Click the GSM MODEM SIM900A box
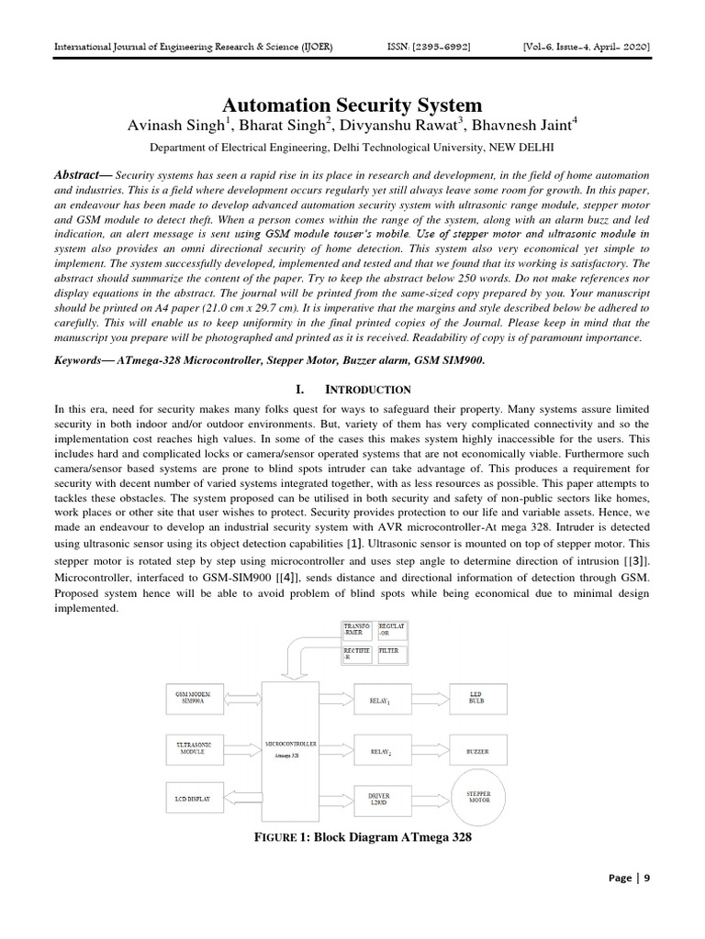tap(199, 699)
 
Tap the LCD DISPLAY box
tap(194, 799)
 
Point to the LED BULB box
tap(476, 700)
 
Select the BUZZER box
tap(477, 750)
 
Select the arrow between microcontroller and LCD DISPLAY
tap(242, 799)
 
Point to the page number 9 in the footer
tap(646, 878)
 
